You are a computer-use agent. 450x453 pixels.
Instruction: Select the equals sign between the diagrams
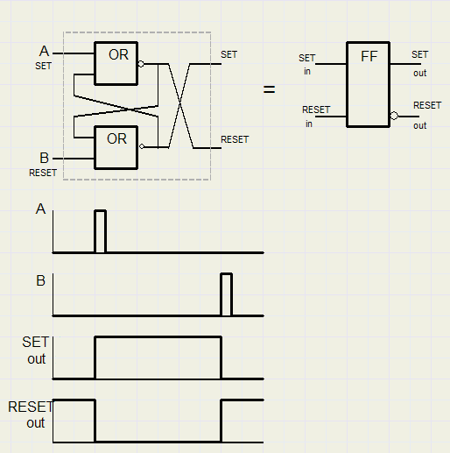click(269, 89)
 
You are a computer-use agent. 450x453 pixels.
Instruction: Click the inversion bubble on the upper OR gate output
click(141, 64)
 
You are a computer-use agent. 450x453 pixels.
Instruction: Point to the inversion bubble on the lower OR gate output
click(142, 146)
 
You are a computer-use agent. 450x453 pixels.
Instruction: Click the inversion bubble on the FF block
click(394, 116)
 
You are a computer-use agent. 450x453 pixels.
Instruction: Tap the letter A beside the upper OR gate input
click(44, 51)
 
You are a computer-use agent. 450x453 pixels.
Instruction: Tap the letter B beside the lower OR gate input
click(44, 158)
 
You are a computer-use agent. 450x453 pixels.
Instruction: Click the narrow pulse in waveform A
click(100, 210)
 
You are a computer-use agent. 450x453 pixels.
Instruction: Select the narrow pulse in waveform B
click(227, 273)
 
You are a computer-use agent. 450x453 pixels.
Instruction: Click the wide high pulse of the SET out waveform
click(158, 337)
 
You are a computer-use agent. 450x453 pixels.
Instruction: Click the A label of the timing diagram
click(40, 209)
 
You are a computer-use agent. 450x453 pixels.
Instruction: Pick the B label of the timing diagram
click(40, 280)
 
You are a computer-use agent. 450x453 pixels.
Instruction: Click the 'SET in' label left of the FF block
click(307, 64)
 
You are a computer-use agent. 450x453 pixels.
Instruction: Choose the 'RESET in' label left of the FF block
click(316, 117)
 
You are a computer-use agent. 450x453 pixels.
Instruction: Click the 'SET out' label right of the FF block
click(420, 63)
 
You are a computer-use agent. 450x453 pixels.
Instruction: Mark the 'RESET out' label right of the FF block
click(427, 116)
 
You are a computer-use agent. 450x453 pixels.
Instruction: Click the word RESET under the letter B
click(43, 173)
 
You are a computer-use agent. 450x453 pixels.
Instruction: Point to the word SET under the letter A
click(43, 66)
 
